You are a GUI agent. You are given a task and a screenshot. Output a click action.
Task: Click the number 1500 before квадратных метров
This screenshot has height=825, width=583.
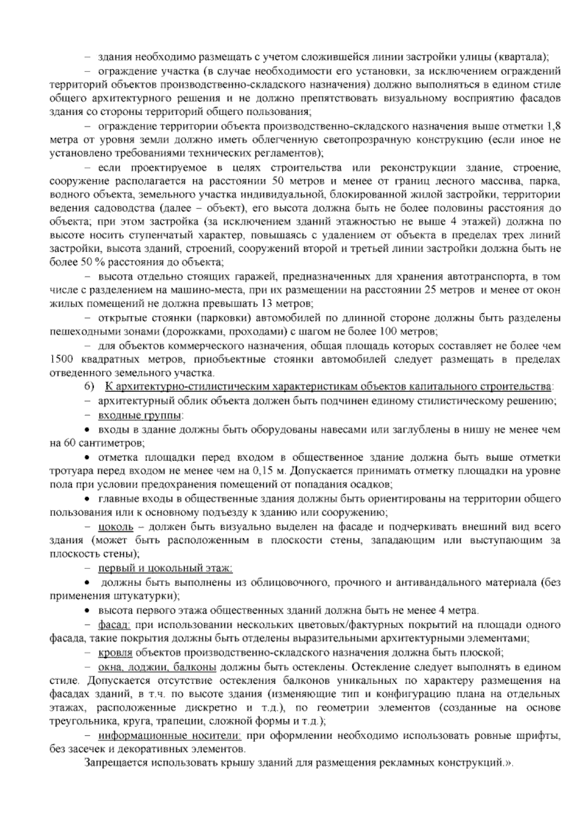tap(61, 360)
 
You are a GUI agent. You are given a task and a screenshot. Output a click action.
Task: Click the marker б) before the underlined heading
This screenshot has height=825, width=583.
tap(89, 387)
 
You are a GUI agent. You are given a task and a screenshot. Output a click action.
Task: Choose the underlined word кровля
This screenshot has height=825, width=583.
tap(116, 653)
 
